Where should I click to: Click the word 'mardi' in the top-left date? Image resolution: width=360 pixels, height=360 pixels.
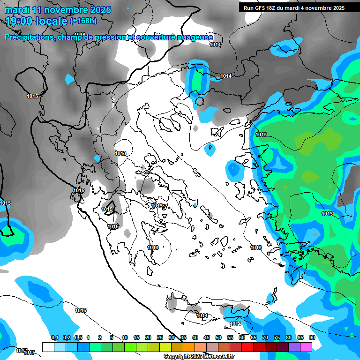point(17,9)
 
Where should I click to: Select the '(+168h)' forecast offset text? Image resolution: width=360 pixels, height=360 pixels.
point(83,21)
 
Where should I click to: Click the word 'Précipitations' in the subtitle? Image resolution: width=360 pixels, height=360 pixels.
point(29,37)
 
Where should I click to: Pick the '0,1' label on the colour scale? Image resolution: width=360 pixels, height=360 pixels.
point(54,338)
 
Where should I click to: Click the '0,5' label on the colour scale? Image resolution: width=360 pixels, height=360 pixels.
point(78,338)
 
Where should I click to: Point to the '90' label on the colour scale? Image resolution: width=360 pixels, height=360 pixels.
point(312,338)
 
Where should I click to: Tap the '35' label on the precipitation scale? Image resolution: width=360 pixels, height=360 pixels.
point(183,338)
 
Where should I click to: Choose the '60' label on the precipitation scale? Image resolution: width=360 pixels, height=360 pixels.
point(242,338)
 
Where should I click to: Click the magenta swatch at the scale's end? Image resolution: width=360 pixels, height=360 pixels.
point(306,347)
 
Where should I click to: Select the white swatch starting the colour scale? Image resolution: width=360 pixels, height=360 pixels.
point(48,347)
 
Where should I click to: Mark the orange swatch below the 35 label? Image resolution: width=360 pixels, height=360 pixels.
point(189,347)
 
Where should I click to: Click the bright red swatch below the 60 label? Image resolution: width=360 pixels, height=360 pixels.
point(247,347)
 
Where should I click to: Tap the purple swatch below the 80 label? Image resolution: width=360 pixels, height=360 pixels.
point(294,347)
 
